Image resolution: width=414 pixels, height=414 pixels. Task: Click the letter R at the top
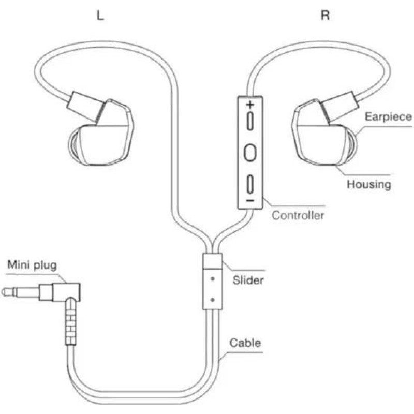[x=325, y=15]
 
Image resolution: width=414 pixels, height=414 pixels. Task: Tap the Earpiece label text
[x=388, y=117]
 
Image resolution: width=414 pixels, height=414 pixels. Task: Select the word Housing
[x=368, y=184]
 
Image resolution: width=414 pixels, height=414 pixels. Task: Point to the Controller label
[x=298, y=215]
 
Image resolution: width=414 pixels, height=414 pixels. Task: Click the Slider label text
[x=248, y=280]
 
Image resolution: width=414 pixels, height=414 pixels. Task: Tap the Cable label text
[x=245, y=343]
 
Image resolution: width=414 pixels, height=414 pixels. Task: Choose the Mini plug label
[x=32, y=265]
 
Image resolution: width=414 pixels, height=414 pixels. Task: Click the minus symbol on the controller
[x=250, y=199]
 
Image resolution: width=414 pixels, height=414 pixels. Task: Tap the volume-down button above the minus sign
[x=250, y=183]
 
